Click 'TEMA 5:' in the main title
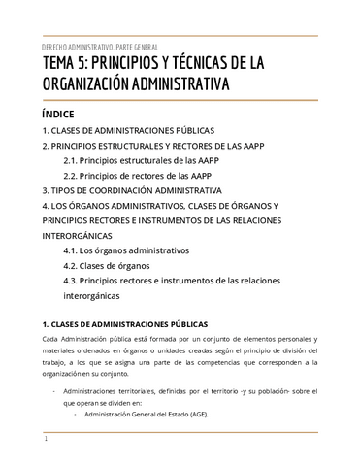coord(69,65)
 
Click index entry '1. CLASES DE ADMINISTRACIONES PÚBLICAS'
coord(128,130)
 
